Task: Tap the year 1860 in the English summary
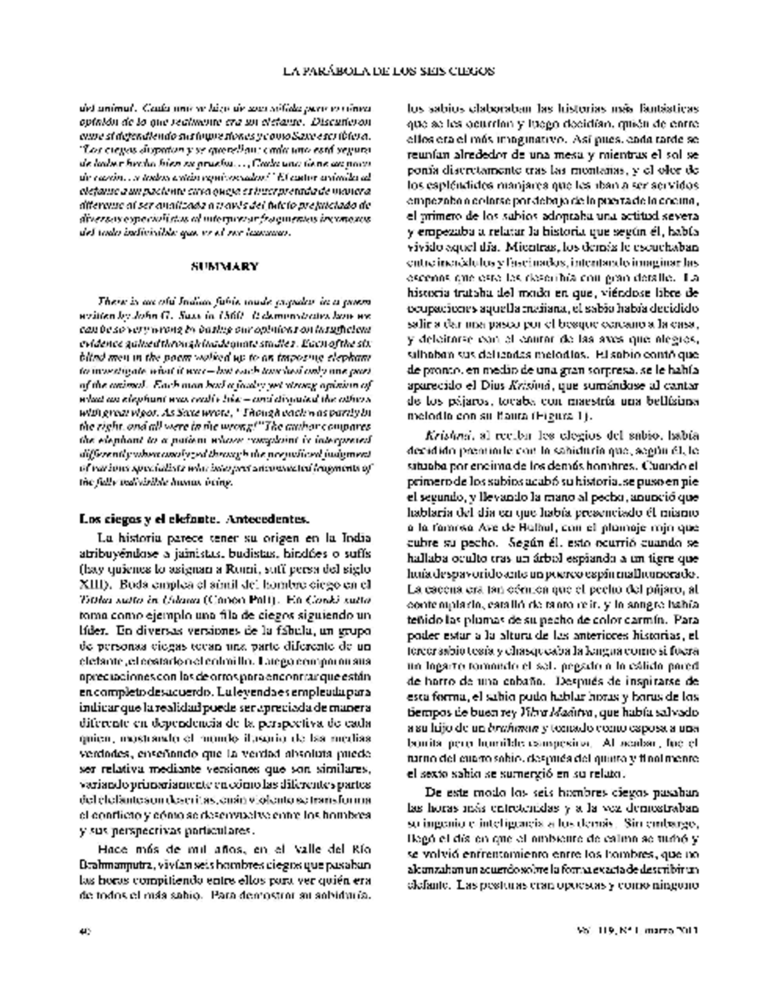click(228, 316)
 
